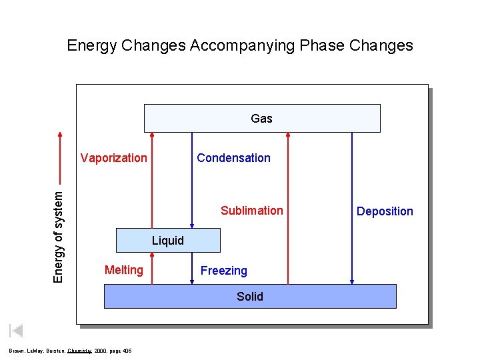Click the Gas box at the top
click(x=262, y=118)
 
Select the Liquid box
click(x=168, y=241)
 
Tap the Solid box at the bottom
click(x=250, y=296)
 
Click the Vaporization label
click(x=114, y=158)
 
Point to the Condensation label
click(x=233, y=158)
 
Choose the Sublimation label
click(x=251, y=211)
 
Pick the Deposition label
click(x=385, y=211)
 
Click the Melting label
click(x=123, y=270)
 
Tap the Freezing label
click(x=223, y=271)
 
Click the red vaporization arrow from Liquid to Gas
click(x=152, y=180)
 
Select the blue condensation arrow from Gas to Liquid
click(x=193, y=180)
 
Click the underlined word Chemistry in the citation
click(x=79, y=351)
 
